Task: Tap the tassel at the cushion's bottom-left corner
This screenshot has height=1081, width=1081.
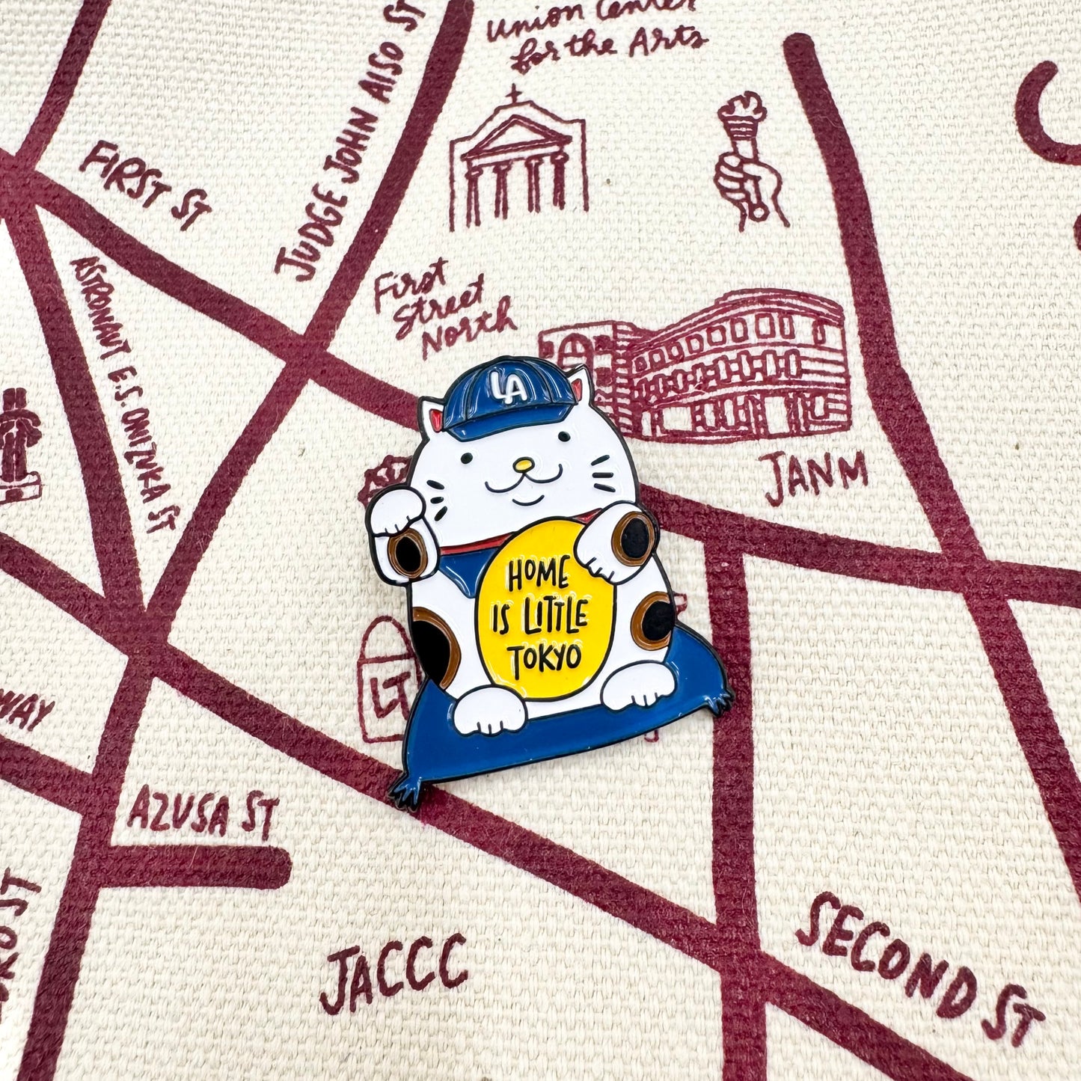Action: tap(405, 786)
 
